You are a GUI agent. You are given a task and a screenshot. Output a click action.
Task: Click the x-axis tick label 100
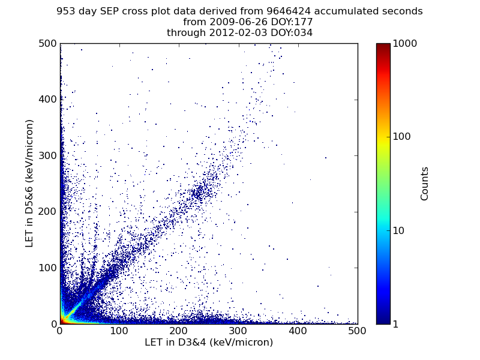119,331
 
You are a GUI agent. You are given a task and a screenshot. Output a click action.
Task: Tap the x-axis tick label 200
179,331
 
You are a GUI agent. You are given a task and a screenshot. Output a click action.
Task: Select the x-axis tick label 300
238,331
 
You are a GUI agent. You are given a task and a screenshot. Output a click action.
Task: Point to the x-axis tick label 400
298,331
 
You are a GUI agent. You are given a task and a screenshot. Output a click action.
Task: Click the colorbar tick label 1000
406,43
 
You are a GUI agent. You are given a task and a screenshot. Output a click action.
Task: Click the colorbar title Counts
425,184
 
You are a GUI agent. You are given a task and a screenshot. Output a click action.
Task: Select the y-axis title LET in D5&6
29,183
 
